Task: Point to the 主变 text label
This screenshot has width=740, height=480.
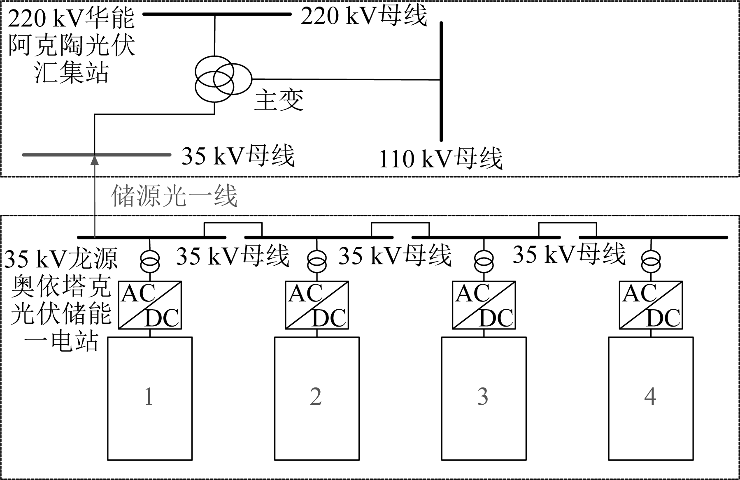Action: pos(279,100)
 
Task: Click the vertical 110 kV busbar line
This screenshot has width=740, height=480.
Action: pos(441,81)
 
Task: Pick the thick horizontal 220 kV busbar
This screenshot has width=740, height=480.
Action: pos(217,14)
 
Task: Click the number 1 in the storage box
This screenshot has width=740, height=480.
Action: pos(149,397)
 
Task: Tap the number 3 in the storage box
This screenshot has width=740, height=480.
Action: pos(483,397)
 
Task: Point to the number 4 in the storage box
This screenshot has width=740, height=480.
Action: pos(650,397)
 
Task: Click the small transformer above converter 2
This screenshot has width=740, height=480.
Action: pos(317,260)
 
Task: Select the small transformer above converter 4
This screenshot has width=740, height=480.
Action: pos(651,260)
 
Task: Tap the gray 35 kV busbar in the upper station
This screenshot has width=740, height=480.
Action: pos(96,155)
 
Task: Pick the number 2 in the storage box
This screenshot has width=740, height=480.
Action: pos(316,397)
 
